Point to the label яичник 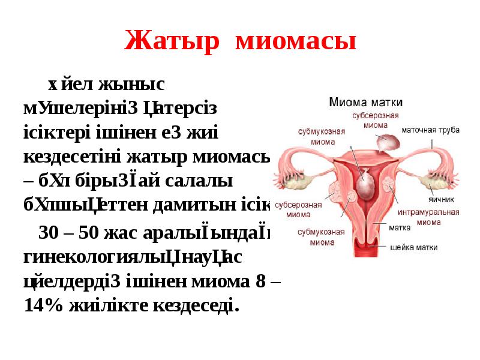pos(441,199)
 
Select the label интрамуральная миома pos(437,217)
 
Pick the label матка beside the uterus pos(400,228)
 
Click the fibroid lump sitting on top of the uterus pos(386,142)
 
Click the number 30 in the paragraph pos(48,231)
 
